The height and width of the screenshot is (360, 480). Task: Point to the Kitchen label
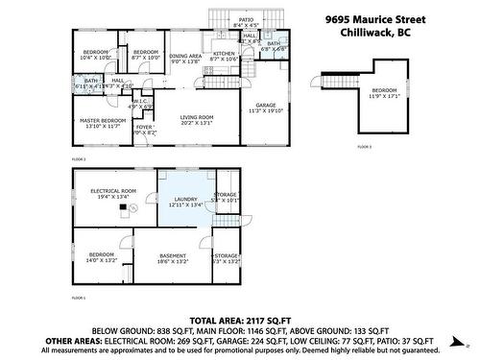point(224,54)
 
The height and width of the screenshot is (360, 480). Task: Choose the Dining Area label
point(185,56)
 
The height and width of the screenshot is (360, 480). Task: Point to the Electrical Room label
point(111,190)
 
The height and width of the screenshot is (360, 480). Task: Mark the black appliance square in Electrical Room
point(122,206)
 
